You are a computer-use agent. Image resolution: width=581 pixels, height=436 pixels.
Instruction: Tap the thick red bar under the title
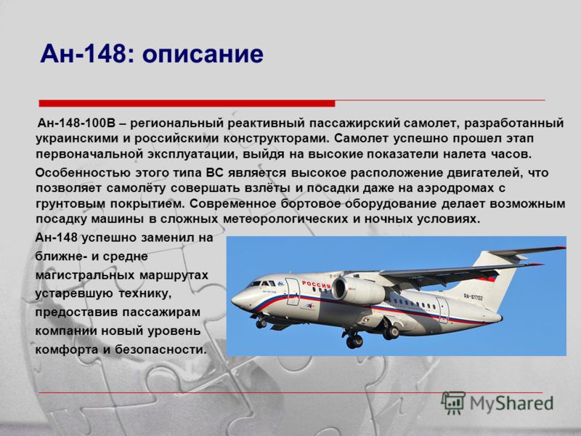click(187, 103)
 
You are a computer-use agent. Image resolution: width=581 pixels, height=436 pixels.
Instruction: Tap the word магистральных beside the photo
click(85, 275)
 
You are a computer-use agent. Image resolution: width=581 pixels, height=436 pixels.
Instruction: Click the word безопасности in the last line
click(161, 350)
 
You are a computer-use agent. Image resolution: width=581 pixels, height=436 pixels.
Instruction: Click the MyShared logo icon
click(452, 403)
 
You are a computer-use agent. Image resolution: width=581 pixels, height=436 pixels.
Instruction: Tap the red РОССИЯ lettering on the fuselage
click(316, 285)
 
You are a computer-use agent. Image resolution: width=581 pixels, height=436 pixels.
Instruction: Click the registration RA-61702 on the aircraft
click(474, 296)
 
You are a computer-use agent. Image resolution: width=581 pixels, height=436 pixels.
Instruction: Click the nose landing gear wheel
click(261, 323)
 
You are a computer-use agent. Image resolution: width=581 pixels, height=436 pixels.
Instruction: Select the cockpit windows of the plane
click(262, 283)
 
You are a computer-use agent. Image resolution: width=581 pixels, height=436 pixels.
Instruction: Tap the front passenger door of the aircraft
click(292, 292)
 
